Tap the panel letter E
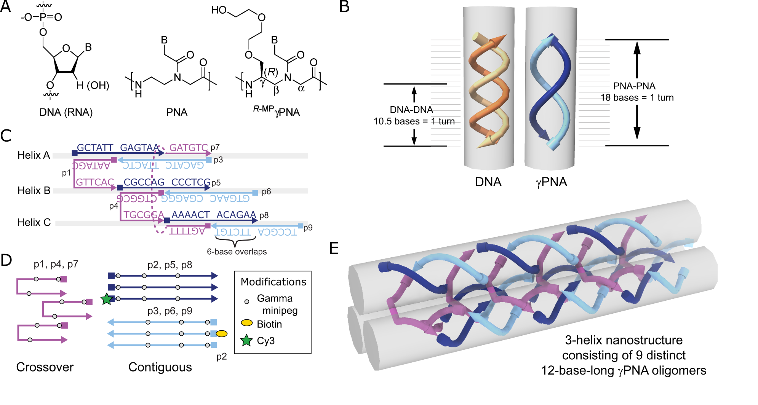click(334, 248)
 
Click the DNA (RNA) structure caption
click(66, 112)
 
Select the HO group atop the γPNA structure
click(219, 10)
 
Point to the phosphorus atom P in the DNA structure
click(43, 17)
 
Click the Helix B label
click(34, 190)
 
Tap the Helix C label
click(34, 222)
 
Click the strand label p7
click(215, 147)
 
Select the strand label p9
click(308, 228)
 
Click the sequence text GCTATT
click(95, 148)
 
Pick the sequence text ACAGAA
click(236, 215)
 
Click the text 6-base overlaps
click(237, 252)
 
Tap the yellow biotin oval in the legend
click(247, 323)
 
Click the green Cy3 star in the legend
click(246, 340)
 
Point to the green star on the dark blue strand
click(107, 299)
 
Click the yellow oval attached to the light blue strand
click(222, 334)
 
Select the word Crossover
click(45, 367)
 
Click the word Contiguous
click(160, 367)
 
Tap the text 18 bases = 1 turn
click(637, 98)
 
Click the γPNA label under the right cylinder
click(551, 182)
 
